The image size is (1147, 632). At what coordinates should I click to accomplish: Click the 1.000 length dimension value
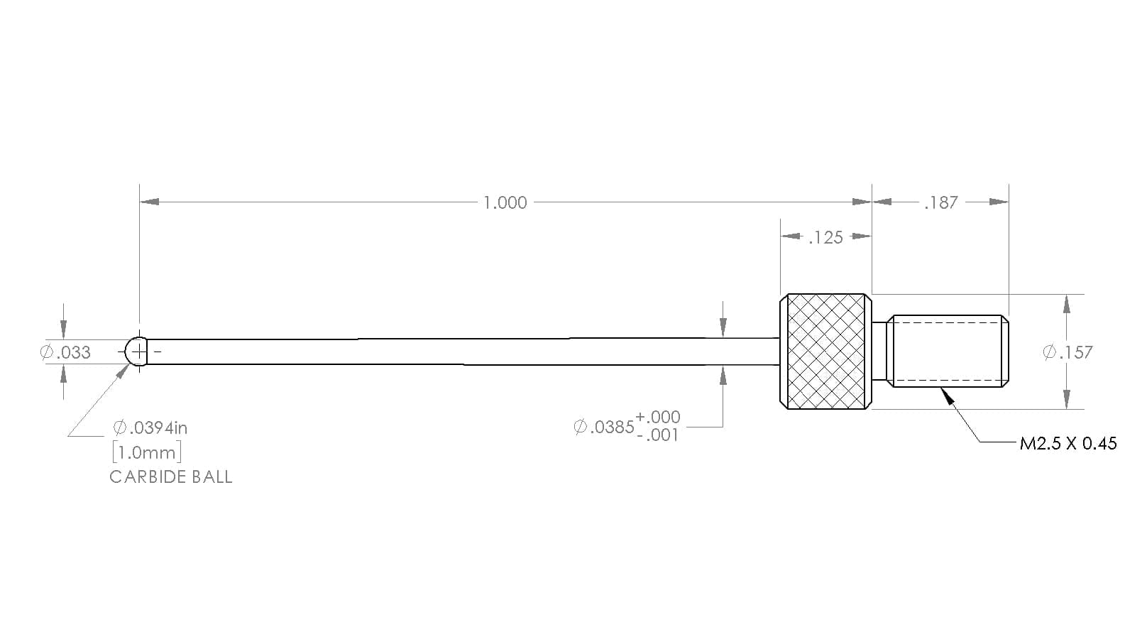505,203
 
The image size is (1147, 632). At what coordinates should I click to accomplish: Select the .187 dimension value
941,203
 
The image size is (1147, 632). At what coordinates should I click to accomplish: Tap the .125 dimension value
826,238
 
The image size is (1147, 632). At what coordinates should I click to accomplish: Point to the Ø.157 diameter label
1068,352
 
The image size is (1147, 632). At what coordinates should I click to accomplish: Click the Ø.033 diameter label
65,352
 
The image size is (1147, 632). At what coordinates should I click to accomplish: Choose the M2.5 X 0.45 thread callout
1068,443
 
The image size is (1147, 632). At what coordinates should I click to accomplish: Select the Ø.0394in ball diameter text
150,427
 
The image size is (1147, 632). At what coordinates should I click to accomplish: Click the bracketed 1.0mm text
147,453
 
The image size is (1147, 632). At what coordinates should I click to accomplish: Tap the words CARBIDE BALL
171,477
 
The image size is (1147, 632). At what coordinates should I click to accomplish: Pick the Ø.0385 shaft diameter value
604,427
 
